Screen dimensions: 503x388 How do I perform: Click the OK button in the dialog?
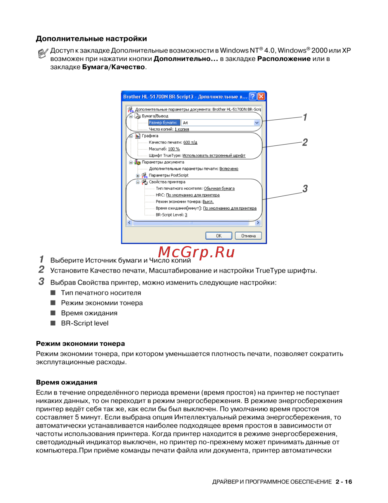point(218,236)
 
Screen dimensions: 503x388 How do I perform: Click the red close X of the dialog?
point(262,96)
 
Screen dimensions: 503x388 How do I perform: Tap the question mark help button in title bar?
point(253,96)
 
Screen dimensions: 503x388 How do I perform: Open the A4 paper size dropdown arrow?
point(256,123)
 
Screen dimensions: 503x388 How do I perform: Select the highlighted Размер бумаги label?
point(163,123)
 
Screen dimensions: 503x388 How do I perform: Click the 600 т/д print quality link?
point(190,143)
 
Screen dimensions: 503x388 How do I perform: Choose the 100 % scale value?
point(174,149)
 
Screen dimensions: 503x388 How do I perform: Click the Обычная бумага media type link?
point(219,189)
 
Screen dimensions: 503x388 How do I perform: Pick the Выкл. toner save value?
point(208,202)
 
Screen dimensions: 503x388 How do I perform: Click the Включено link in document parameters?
point(229,169)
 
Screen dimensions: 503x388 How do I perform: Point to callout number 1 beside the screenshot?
point(305,117)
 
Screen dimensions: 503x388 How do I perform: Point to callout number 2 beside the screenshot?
point(305,142)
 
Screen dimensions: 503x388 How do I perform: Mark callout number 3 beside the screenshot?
point(305,189)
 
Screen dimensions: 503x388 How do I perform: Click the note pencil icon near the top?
point(43,53)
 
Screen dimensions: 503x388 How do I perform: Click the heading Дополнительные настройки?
point(91,38)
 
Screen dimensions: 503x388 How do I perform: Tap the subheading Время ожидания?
point(66,382)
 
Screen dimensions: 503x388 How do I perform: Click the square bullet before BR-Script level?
point(53,323)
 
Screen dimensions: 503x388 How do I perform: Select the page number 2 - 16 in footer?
point(344,482)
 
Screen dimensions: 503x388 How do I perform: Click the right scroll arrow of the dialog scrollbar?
point(258,223)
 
